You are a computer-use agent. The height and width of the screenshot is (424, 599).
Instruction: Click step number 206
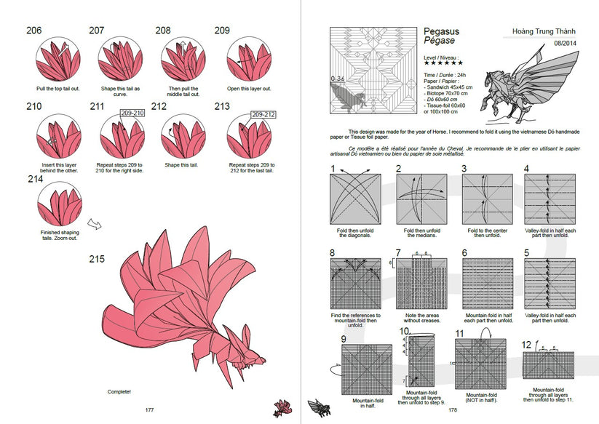pyautogui.click(x=35, y=30)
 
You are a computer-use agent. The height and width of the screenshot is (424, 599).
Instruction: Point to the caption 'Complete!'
pyautogui.click(x=119, y=391)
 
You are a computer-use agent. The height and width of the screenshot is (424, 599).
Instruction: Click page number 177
pyautogui.click(x=149, y=409)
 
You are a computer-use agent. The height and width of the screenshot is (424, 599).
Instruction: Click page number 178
pyautogui.click(x=452, y=409)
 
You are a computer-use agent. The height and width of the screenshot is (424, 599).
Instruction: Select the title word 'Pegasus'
pyautogui.click(x=442, y=31)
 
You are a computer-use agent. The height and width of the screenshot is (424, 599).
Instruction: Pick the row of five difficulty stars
pyautogui.click(x=443, y=63)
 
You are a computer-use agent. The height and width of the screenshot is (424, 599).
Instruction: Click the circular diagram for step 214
pyautogui.click(x=60, y=206)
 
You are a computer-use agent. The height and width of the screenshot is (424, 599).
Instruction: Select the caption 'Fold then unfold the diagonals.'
pyautogui.click(x=356, y=233)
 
